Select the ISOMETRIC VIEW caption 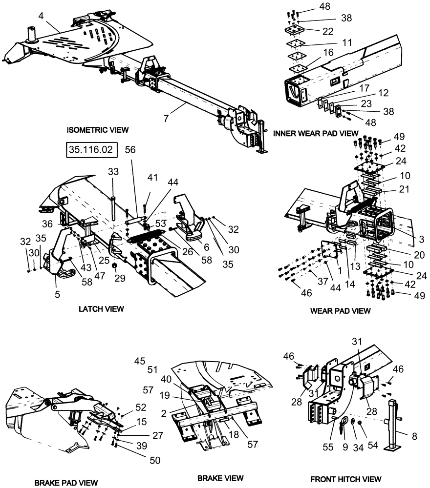(98, 130)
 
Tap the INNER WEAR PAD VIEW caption (316, 133)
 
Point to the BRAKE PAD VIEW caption (66, 482)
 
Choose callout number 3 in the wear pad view (421, 239)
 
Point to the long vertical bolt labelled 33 (113, 205)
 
